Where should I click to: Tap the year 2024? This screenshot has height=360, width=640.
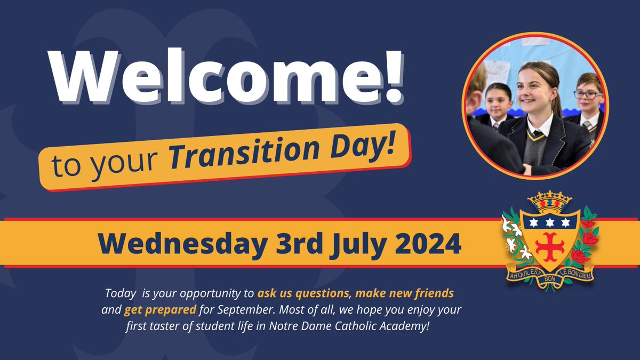point(427,243)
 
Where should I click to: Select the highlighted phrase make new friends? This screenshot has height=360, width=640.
point(405,293)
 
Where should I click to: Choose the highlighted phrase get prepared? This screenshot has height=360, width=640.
point(161,309)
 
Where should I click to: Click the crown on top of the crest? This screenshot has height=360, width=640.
point(549,201)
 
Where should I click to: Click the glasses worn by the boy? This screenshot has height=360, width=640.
point(588,94)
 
